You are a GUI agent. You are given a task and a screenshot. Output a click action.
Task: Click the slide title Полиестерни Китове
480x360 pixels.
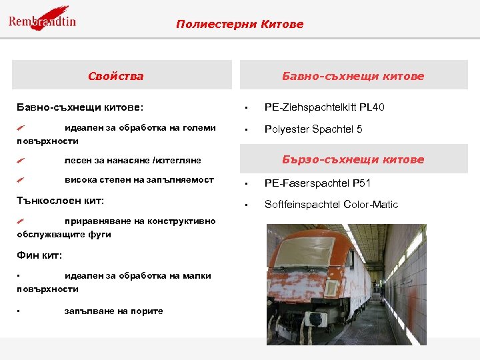pos(239,25)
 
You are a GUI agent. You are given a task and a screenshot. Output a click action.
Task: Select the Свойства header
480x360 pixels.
pos(115,76)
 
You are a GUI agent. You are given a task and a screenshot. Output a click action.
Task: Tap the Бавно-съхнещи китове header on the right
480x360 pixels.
pos(353,76)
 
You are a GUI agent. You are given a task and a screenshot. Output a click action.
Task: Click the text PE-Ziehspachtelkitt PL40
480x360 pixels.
pos(324,107)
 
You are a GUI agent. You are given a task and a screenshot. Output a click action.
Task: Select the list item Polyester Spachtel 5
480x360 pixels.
pos(313,129)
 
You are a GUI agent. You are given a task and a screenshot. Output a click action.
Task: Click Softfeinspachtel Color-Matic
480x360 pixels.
pos(331,205)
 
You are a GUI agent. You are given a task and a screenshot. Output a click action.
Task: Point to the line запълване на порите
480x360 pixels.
pos(113,311)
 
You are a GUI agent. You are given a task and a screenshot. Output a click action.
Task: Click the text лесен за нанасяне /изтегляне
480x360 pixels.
pos(132,161)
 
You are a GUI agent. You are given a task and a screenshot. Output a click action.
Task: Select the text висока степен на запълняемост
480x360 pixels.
pos(139,180)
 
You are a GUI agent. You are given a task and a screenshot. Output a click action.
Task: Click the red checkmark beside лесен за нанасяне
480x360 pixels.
pos(22,161)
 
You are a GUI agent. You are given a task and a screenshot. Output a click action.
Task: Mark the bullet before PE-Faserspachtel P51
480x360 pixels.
pos(246,183)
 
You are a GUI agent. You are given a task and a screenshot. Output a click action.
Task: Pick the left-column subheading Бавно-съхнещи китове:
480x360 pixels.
pos(79,107)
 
